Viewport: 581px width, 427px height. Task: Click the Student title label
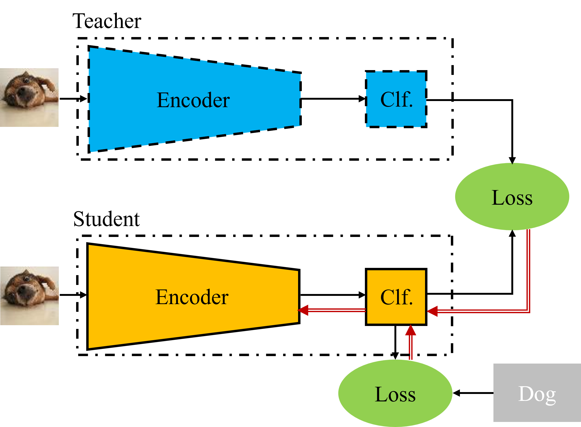click(106, 219)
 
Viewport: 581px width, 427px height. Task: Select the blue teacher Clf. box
click(396, 99)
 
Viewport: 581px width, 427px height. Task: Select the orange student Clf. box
click(396, 297)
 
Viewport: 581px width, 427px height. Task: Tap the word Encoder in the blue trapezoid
click(193, 100)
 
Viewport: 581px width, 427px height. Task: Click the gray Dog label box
click(537, 393)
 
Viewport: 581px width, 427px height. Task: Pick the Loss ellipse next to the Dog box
click(395, 393)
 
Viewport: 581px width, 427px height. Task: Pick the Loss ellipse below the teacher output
click(512, 197)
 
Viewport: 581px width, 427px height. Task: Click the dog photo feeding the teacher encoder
click(29, 98)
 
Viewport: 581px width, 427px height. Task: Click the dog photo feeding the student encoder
click(30, 296)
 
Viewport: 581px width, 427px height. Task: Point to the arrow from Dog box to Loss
click(473, 393)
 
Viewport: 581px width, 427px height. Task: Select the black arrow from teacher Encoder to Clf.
click(333, 99)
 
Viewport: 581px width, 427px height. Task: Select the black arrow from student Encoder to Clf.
click(333, 295)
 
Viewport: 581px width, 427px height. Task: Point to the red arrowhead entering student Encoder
click(303, 310)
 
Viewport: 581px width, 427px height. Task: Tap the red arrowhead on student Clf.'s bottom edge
click(411, 330)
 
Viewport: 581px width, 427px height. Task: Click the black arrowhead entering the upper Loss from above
click(512, 160)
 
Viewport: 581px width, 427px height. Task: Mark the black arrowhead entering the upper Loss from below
click(512, 233)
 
